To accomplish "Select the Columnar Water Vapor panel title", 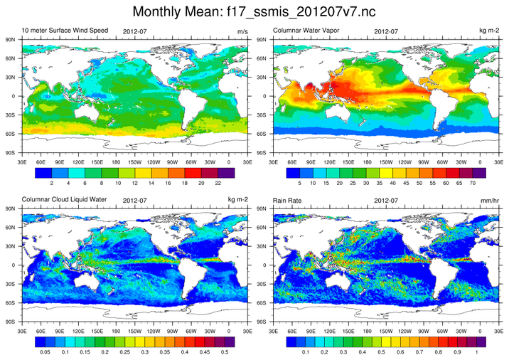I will tap(307, 32).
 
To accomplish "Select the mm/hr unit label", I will tap(488, 201).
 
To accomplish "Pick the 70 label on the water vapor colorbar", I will tap(473, 182).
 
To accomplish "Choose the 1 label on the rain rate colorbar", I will tap(476, 351).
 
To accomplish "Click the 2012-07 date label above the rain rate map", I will tap(385, 201).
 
